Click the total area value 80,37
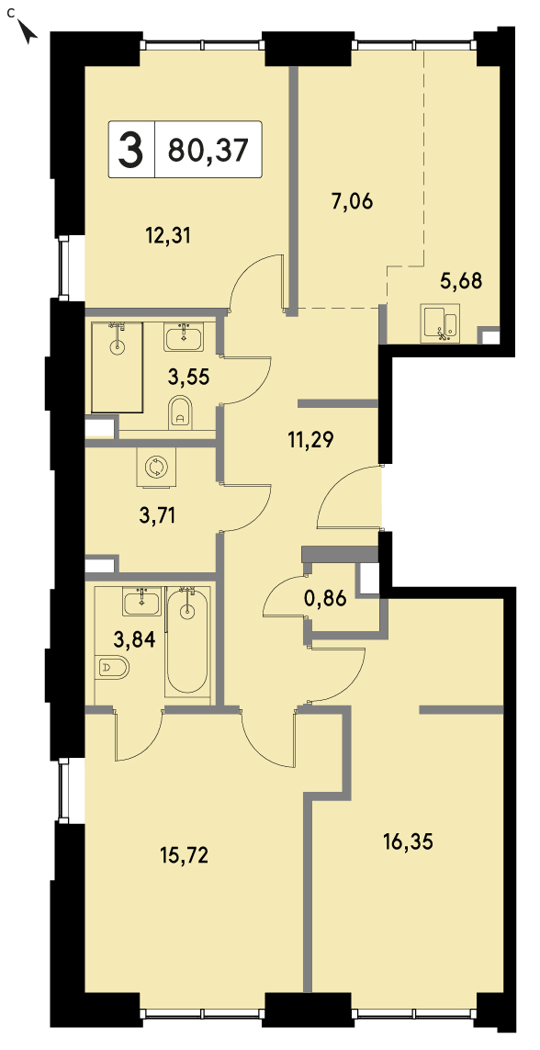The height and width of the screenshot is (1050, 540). [208, 149]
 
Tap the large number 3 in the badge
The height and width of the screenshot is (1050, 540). [131, 149]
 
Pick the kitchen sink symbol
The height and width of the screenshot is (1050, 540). [440, 323]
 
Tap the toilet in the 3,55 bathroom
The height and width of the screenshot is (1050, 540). [181, 412]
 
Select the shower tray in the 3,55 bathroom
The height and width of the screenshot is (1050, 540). [118, 367]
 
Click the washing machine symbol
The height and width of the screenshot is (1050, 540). [156, 467]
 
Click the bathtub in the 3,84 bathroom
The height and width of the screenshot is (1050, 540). [187, 641]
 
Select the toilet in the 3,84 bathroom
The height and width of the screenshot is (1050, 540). [113, 667]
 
